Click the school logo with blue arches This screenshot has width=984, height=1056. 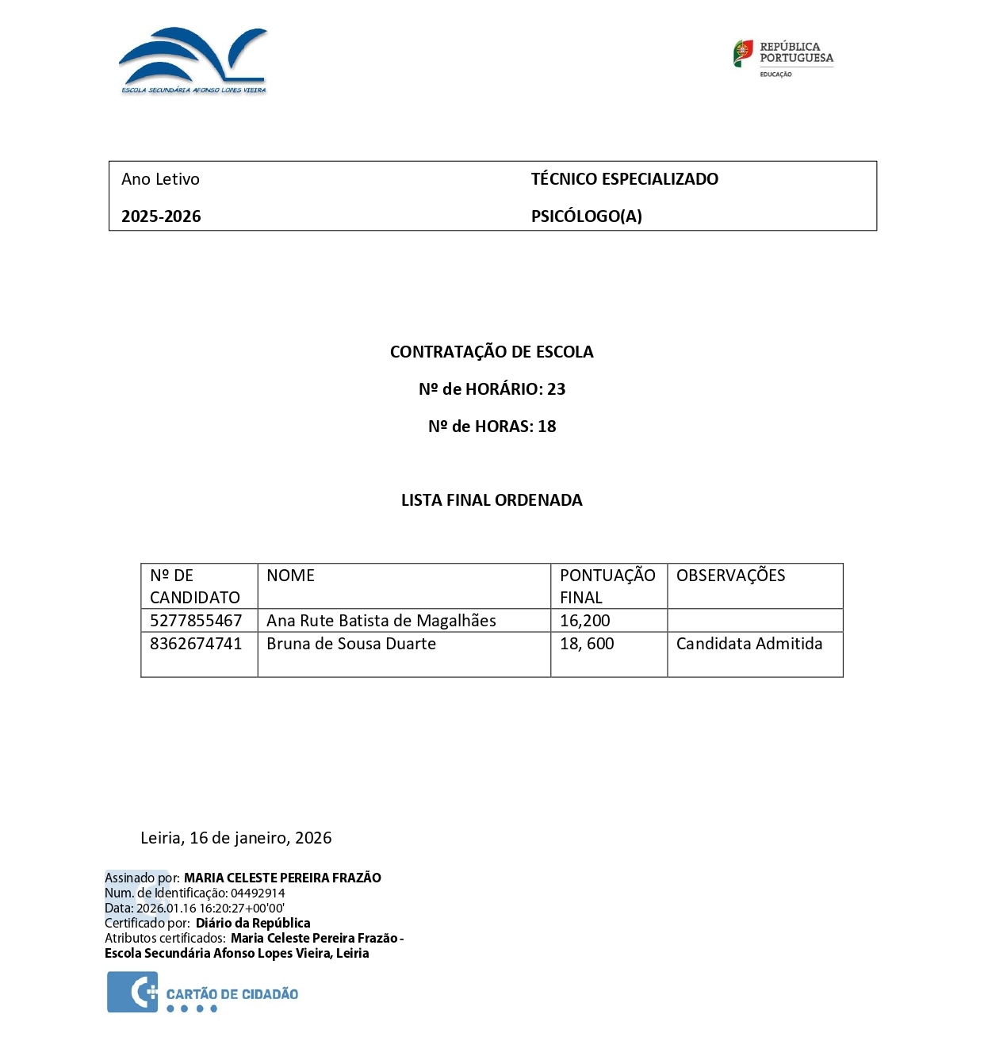point(193,60)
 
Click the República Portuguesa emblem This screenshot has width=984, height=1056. point(783,57)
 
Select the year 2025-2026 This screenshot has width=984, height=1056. point(161,216)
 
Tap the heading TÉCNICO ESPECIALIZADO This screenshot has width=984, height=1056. point(624,179)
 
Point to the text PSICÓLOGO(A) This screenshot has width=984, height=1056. point(586,216)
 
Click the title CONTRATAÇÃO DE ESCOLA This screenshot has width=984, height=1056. point(492,352)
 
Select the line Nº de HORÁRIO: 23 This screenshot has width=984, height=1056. point(492,389)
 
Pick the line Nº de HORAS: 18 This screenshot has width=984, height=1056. point(492,427)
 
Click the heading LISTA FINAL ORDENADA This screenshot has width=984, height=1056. point(492,500)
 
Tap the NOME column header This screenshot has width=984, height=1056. point(290,576)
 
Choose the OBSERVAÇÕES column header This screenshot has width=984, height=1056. point(730,576)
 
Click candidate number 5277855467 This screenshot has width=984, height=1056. point(196,621)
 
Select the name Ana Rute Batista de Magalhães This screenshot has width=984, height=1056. point(381,621)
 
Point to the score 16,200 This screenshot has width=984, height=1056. point(585,621)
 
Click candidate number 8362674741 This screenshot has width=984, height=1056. point(196,644)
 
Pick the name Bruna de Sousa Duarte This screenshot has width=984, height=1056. point(351,644)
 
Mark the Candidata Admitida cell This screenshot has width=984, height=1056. point(749,644)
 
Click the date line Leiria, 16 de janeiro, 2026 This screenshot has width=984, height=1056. point(236,838)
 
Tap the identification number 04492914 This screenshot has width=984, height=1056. point(258,893)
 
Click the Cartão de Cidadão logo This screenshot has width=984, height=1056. point(203,994)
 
